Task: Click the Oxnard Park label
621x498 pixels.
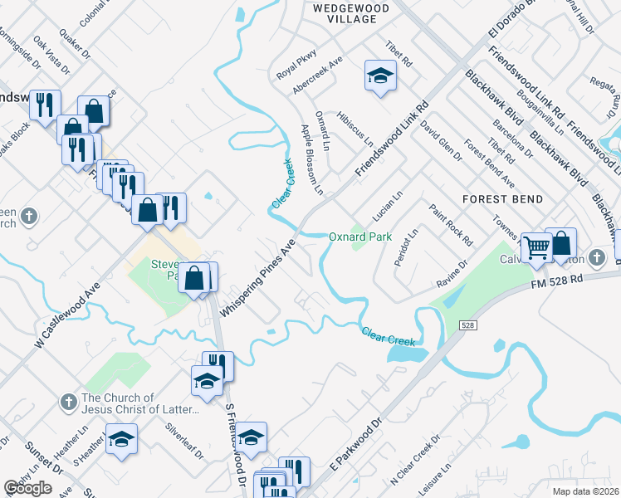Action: [x=359, y=237]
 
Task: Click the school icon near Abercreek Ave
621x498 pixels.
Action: [x=379, y=76]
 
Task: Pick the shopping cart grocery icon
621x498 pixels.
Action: [x=536, y=246]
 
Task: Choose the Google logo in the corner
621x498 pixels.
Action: [x=28, y=488]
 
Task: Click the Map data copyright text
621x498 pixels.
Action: [x=585, y=491]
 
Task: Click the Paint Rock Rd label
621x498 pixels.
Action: [x=449, y=225]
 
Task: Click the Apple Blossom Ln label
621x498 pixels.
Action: [x=311, y=159]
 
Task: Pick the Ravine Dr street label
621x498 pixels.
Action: [x=452, y=275]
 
